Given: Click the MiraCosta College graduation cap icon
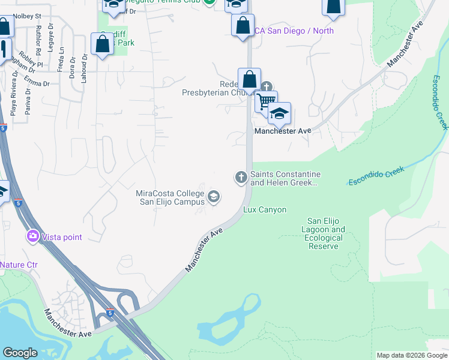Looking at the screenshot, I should [213, 197].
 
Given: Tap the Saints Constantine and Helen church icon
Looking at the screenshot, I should [241, 177].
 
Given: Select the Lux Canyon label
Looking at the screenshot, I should [264, 210].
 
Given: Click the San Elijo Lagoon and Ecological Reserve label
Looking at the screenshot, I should [327, 234].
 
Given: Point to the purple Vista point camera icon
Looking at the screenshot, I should [33, 237].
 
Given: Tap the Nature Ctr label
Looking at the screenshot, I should [19, 265].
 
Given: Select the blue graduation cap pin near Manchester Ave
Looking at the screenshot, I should [279, 113].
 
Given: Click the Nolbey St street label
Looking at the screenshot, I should [26, 16].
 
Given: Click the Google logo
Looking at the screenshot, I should [20, 353].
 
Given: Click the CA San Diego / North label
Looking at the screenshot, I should [294, 31].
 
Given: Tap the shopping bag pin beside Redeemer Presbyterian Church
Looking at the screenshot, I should [249, 79].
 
